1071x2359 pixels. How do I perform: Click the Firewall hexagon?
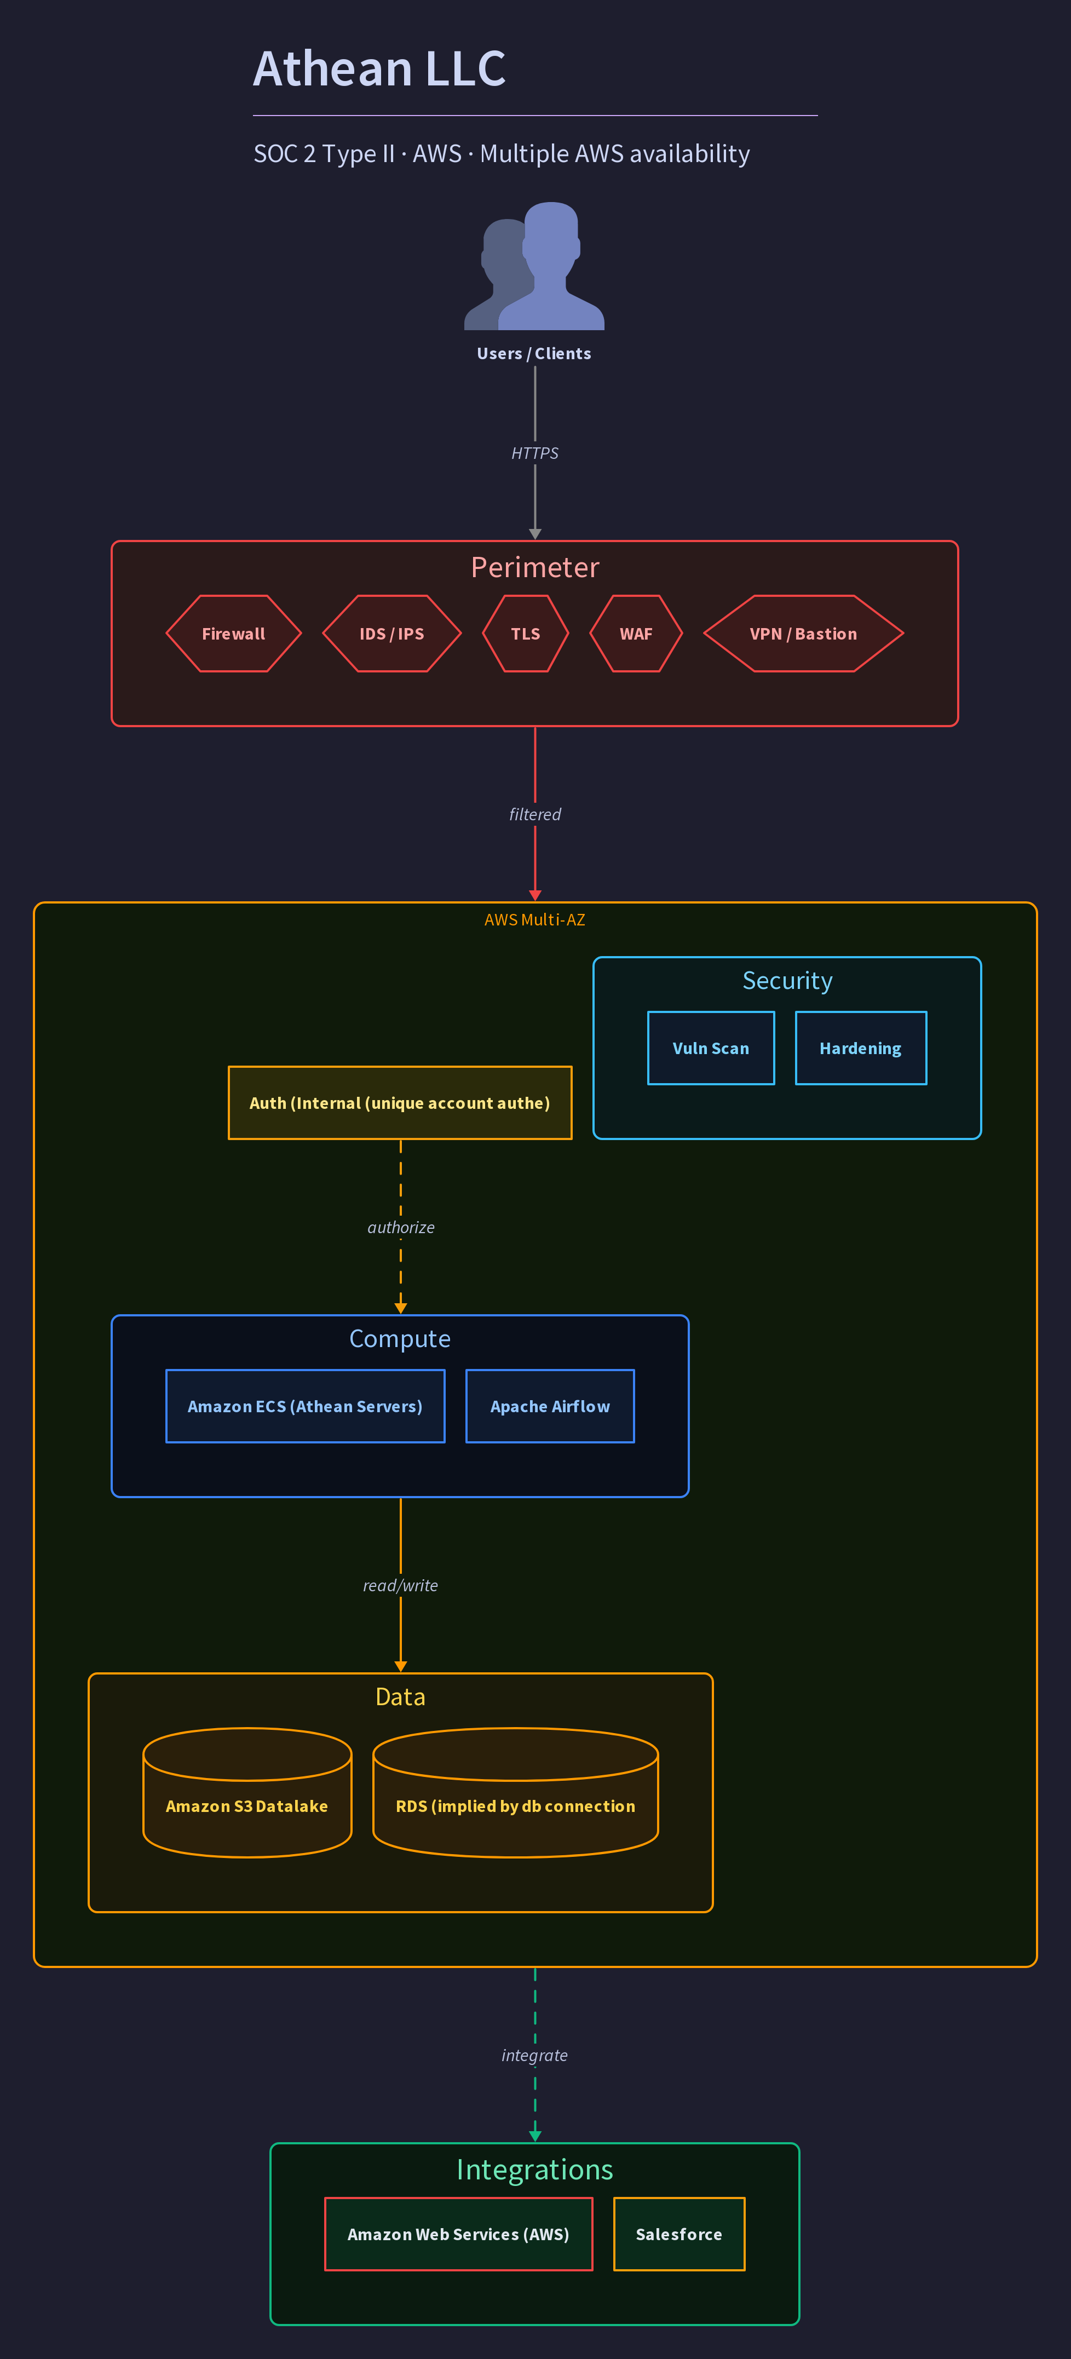(x=233, y=634)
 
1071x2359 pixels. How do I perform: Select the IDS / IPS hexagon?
(x=392, y=634)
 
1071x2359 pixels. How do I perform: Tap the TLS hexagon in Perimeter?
(x=526, y=634)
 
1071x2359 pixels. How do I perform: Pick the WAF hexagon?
(x=636, y=634)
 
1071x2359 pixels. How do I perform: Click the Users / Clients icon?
(x=534, y=266)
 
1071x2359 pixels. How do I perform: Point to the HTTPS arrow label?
(x=534, y=453)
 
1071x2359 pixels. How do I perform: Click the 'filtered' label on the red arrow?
(x=534, y=814)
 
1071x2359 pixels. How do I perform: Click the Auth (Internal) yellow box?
(x=400, y=1103)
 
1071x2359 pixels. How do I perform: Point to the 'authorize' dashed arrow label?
(x=401, y=1227)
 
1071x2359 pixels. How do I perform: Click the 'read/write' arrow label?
(x=401, y=1585)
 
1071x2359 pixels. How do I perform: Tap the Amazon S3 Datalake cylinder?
(x=247, y=1792)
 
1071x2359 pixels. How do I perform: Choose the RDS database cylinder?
(x=515, y=1792)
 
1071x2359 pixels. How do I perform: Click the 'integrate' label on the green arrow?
(x=534, y=2055)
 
